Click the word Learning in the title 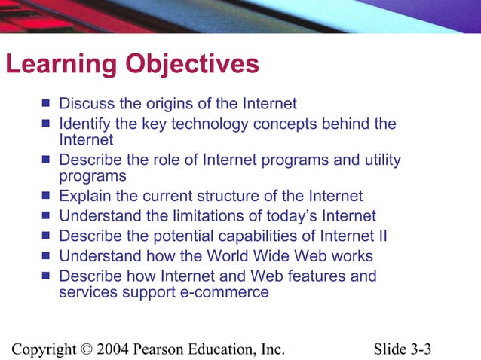click(50, 65)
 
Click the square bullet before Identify click(47, 123)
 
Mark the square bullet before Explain click(47, 197)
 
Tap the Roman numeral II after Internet click(381, 236)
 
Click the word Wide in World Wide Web click(267, 255)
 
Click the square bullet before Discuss click(47, 103)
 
